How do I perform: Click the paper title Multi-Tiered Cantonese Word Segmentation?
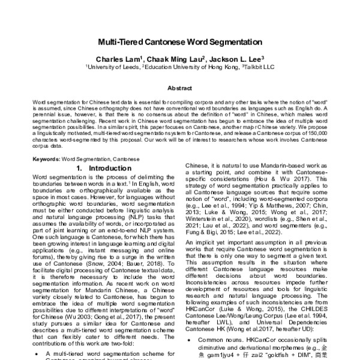click(180, 44)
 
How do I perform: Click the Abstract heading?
click(180, 88)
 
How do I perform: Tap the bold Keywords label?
click(46, 159)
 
